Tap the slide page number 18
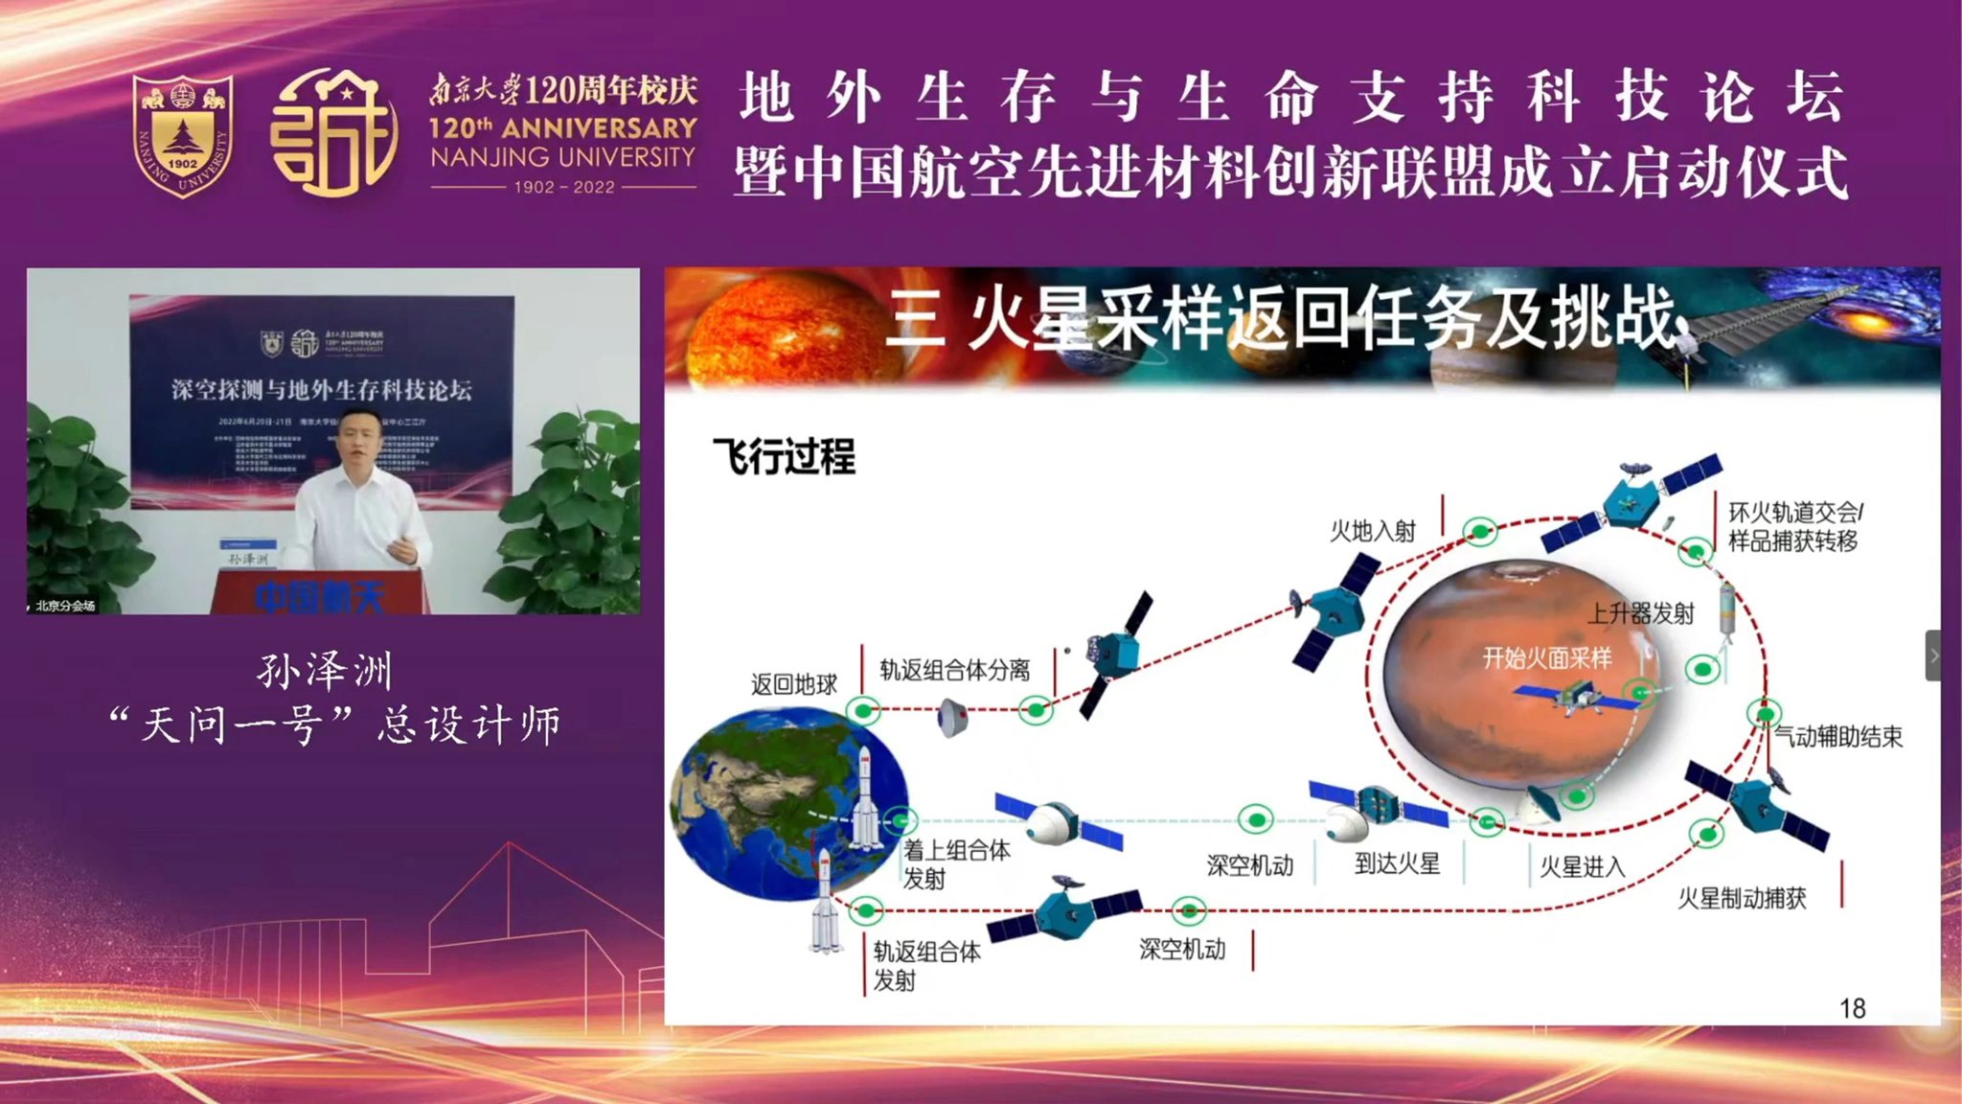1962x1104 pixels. (x=1852, y=1008)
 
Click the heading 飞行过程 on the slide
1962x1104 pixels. (x=784, y=456)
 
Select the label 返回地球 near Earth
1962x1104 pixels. (x=793, y=684)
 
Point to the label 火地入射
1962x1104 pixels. (x=1372, y=531)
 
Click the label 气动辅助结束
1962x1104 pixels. (x=1837, y=737)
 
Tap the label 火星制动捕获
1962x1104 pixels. (x=1741, y=898)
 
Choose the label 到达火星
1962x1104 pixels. (x=1397, y=863)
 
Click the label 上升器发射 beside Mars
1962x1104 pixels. (x=1641, y=613)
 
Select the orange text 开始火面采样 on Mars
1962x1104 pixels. (x=1546, y=658)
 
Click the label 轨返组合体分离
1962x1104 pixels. (x=954, y=670)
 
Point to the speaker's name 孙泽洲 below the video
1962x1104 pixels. (x=325, y=671)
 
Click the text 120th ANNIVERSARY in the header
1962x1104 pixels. (x=562, y=127)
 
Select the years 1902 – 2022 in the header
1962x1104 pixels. (x=563, y=187)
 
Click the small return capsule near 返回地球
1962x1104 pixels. (x=950, y=716)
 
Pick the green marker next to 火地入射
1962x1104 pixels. (x=1480, y=530)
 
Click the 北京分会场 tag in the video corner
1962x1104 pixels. (x=64, y=605)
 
